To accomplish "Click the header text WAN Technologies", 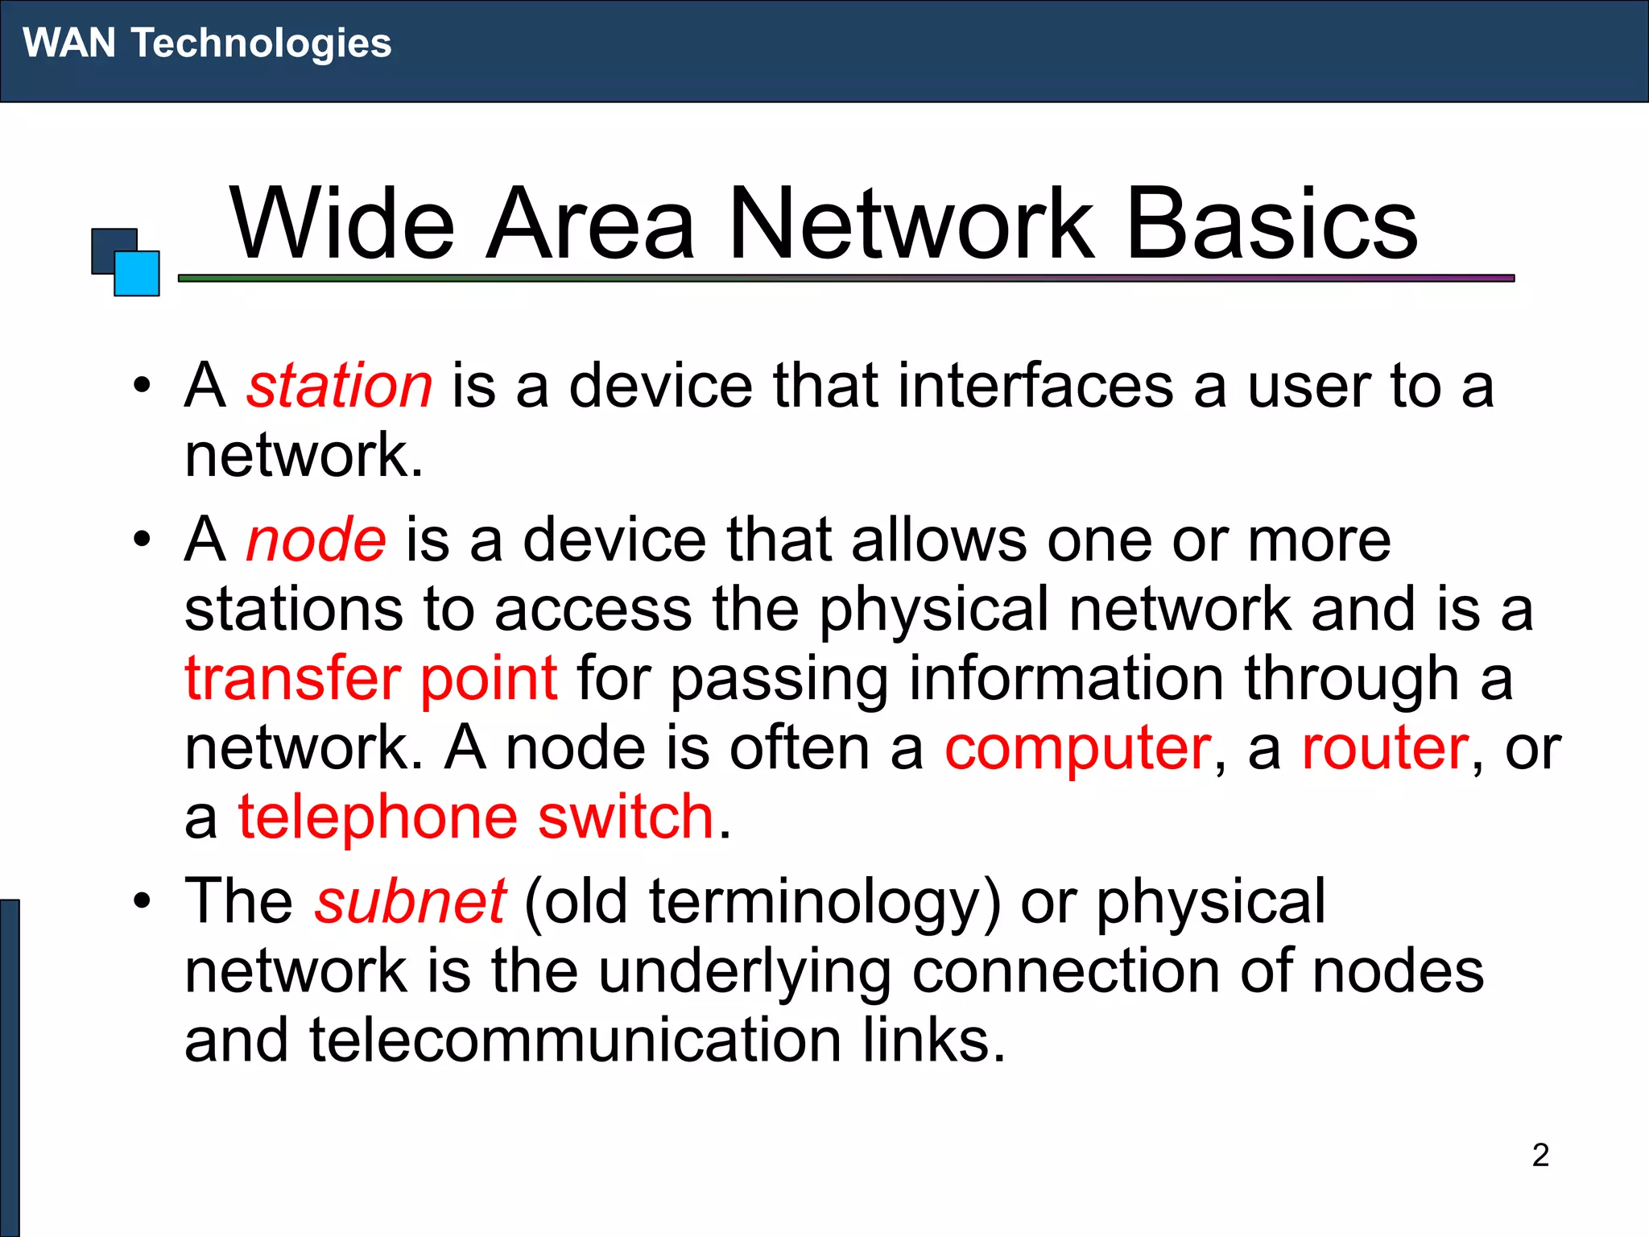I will (x=207, y=43).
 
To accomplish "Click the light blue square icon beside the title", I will (x=138, y=275).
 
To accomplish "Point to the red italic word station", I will (x=339, y=386).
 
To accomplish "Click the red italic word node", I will (x=316, y=539).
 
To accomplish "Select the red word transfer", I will (x=291, y=678).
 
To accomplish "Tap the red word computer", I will (x=1077, y=748).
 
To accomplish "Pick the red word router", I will (x=1385, y=748).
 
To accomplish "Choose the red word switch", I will (x=626, y=817).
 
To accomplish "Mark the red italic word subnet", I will (x=410, y=901).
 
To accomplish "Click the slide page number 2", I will (x=1540, y=1155).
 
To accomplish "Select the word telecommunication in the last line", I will (x=575, y=1040).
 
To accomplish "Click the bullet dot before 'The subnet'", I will (x=143, y=900).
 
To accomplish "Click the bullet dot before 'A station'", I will (x=143, y=385).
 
